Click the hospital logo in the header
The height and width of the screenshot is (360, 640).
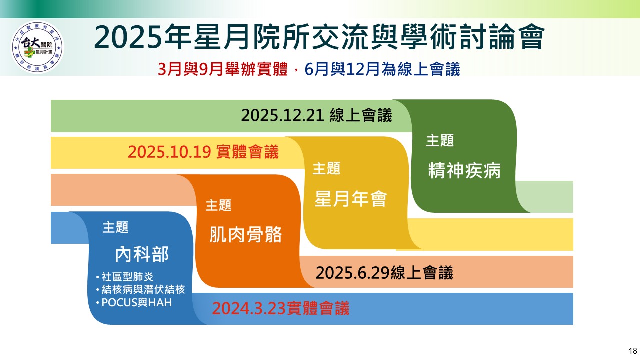(x=37, y=47)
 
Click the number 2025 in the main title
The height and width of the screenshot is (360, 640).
(x=128, y=37)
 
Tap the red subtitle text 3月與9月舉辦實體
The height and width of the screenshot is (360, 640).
(x=223, y=69)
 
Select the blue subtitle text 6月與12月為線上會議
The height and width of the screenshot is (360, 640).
(x=382, y=69)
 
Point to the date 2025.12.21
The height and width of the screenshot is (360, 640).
(x=282, y=115)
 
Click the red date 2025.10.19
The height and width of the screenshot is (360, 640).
(x=169, y=152)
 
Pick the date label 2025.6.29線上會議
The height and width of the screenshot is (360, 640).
(x=384, y=273)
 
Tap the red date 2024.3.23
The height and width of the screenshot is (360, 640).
(x=249, y=308)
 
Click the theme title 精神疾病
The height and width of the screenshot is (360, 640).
(x=464, y=171)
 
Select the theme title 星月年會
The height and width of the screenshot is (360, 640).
(x=351, y=199)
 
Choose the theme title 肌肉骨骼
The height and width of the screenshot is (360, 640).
(x=245, y=235)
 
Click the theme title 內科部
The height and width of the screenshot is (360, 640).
(x=142, y=254)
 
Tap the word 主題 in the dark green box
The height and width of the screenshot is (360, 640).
(x=440, y=141)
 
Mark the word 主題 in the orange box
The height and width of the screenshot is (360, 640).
(x=218, y=205)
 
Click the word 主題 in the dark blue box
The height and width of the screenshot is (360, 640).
(x=115, y=227)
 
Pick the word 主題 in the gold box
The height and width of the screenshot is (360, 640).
(x=326, y=168)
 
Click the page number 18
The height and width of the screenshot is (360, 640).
(x=633, y=351)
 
